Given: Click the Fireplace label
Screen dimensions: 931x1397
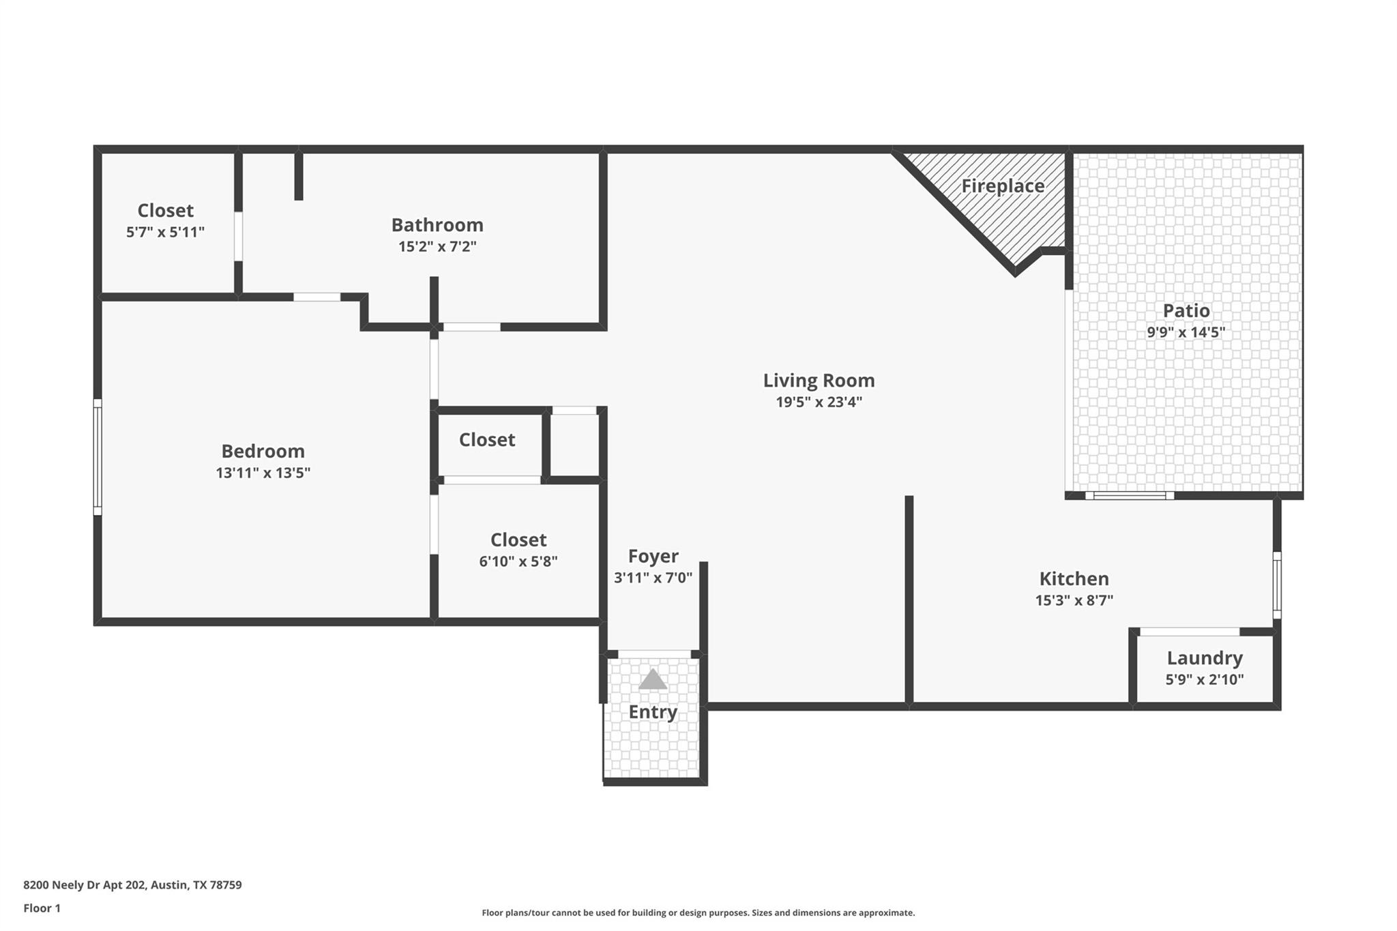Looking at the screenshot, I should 1002,186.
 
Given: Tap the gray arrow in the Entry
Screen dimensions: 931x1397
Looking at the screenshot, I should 653,679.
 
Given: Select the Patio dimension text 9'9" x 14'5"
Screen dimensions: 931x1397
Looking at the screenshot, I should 1186,332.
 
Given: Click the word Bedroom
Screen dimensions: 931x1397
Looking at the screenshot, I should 263,451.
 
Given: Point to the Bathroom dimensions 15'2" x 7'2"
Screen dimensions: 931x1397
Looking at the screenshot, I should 437,246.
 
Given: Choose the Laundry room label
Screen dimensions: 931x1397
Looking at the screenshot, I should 1204,657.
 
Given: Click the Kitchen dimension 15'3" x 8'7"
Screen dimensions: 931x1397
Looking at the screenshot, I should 1074,600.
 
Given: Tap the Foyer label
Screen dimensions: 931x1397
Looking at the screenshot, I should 653,556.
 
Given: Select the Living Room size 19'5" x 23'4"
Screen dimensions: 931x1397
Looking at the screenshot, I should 819,402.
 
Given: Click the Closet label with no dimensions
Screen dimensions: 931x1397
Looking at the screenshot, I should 486,440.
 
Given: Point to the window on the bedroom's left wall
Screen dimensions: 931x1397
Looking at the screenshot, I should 98,457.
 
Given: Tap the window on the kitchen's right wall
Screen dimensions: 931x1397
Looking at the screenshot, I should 1277,585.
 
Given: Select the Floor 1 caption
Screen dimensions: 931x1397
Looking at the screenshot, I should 42,908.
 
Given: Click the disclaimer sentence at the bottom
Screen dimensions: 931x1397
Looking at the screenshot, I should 698,913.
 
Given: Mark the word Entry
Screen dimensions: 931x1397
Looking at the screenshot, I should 652,712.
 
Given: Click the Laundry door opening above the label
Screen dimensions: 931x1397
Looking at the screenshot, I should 1189,632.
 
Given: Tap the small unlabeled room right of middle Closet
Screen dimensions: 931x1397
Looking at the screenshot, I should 574,445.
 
